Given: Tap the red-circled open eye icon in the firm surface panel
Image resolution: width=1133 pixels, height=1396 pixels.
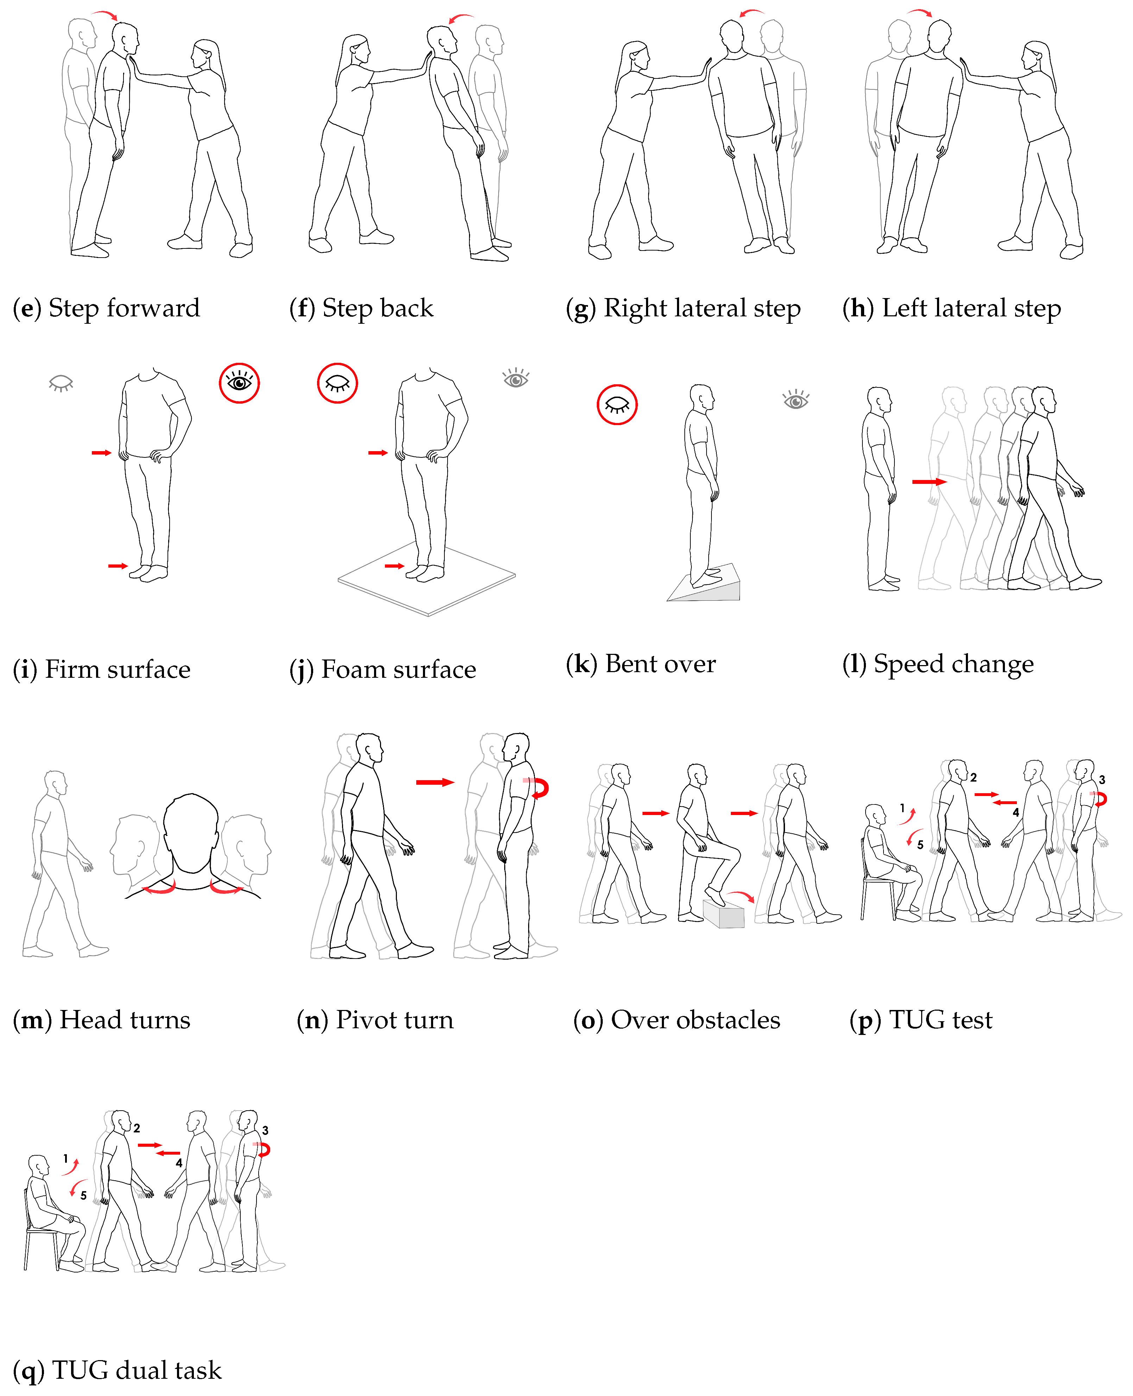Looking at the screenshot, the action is coord(239,383).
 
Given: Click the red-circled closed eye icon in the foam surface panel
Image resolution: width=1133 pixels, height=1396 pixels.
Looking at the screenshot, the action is coord(337,383).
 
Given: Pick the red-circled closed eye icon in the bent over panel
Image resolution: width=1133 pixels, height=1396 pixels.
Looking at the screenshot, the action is coord(617,405).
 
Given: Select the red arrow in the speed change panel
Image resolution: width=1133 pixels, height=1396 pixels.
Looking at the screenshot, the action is coord(929,482).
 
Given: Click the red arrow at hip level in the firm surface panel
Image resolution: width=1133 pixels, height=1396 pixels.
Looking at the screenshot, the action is coord(101,452).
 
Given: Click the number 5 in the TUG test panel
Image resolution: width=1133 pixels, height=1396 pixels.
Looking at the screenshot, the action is coord(920,845).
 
